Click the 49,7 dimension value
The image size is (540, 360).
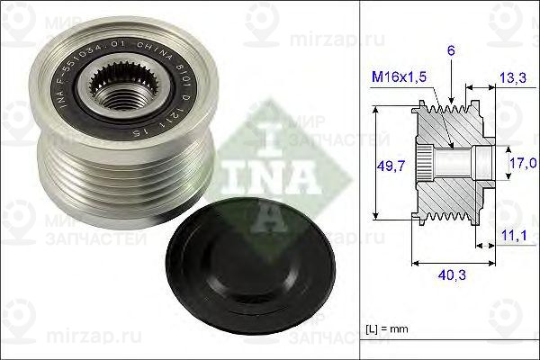tap(387, 165)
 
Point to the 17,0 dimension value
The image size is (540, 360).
tap(523, 163)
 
